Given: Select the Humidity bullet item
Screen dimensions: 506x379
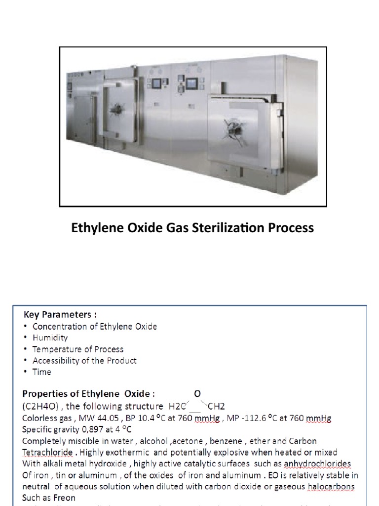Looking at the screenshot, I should click(50, 338).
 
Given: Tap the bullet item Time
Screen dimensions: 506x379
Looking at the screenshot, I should click(42, 372).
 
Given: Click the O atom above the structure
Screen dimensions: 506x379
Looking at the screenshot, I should click(197, 394).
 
